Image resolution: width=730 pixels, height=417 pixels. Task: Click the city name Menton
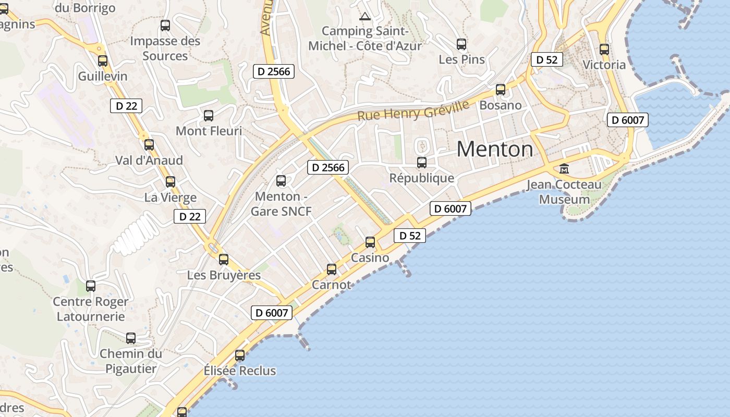495,150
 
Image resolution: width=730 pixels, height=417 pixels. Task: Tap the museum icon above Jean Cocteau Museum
564,169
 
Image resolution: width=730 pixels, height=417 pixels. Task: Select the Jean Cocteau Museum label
564,192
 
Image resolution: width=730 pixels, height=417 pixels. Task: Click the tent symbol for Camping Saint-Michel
364,16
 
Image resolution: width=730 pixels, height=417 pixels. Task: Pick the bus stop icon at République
422,163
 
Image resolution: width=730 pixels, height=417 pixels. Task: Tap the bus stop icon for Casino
370,242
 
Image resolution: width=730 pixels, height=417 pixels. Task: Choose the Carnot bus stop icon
332,269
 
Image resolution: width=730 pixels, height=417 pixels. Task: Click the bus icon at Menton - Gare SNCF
281,181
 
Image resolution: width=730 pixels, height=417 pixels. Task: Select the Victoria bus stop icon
604,50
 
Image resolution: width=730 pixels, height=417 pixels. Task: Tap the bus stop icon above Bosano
501,90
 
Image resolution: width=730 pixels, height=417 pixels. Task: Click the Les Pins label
462,59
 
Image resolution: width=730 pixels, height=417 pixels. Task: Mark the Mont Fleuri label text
209,131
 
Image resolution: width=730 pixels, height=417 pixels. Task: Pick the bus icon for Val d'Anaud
149,145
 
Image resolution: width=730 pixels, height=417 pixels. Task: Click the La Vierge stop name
171,198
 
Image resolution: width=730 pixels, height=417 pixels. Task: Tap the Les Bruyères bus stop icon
224,259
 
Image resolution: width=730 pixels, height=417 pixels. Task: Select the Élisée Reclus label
240,371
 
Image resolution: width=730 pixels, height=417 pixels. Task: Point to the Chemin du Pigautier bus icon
131,338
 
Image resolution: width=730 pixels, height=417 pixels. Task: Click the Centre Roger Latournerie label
91,309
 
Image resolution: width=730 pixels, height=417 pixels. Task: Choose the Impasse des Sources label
165,48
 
